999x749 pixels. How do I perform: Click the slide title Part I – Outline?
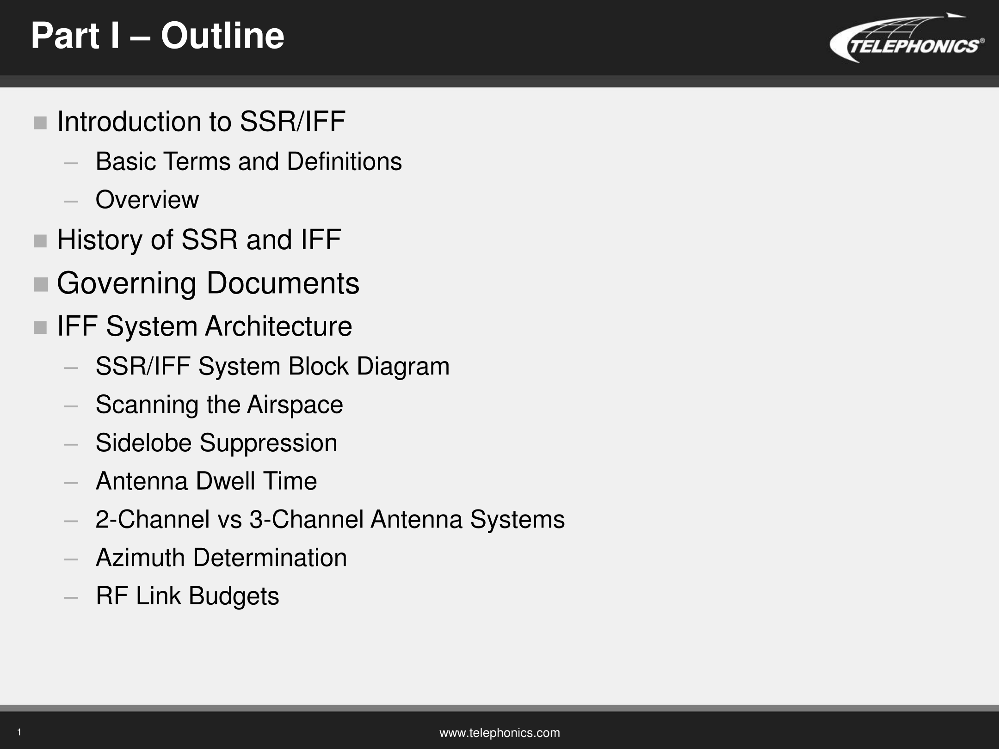(158, 36)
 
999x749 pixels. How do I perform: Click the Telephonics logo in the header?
(906, 38)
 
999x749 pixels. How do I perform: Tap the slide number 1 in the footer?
(19, 732)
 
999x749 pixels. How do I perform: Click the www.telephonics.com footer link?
(499, 733)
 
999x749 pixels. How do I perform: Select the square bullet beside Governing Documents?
(41, 284)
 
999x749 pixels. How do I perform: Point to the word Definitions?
(344, 161)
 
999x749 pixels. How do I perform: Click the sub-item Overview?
(147, 200)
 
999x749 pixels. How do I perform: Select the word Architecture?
(278, 326)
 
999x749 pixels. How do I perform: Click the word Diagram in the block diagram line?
(403, 367)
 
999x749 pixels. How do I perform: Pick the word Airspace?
(295, 405)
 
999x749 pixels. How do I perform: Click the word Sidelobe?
(143, 442)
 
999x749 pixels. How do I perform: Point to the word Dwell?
(225, 481)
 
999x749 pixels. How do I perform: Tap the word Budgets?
(234, 596)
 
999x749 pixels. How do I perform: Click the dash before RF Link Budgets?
(71, 597)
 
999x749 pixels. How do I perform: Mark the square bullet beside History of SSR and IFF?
(40, 241)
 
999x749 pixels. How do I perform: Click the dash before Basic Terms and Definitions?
(71, 163)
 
